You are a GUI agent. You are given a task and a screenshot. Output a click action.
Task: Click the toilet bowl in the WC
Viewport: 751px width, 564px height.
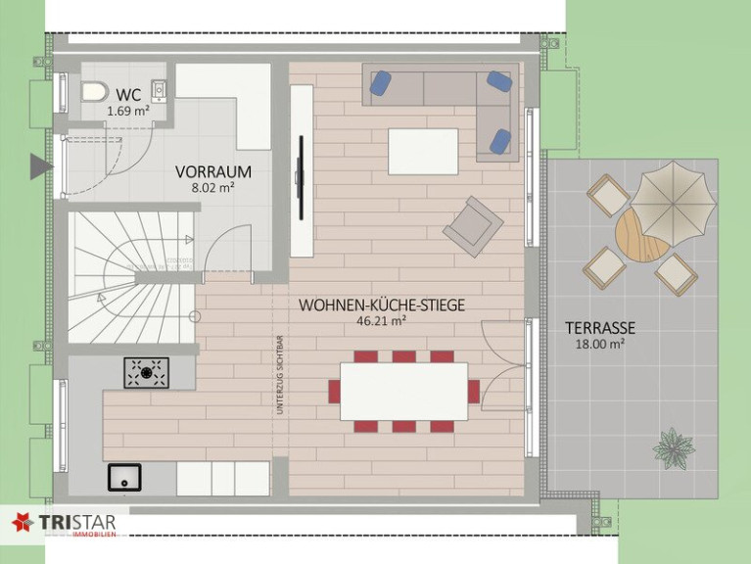point(94,91)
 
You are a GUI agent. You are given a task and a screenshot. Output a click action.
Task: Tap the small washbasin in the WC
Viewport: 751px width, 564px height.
point(159,89)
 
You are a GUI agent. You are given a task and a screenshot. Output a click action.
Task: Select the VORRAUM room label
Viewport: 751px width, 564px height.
point(213,171)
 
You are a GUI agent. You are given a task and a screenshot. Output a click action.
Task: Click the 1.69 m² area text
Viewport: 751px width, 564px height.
point(128,112)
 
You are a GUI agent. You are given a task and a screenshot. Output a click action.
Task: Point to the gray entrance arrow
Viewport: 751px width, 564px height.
point(41,166)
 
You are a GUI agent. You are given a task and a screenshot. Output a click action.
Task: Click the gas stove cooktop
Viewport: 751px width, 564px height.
point(147,372)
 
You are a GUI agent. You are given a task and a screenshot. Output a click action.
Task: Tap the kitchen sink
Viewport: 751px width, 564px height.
point(124,477)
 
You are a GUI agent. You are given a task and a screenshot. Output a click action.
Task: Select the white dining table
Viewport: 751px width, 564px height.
point(403,391)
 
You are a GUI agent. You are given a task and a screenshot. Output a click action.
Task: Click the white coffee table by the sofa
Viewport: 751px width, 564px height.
point(423,152)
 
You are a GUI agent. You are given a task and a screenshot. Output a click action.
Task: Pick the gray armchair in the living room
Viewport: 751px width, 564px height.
point(473,226)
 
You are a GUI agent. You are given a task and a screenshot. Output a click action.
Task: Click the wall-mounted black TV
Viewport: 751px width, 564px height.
point(301,177)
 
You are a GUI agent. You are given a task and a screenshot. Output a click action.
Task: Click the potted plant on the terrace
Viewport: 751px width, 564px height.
point(674,448)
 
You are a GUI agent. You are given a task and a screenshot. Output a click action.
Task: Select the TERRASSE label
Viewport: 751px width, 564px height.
point(600,328)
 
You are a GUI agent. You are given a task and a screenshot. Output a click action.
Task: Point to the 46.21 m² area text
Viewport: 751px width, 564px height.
point(382,321)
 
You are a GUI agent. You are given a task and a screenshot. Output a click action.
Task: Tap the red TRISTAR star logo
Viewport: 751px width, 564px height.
point(23,522)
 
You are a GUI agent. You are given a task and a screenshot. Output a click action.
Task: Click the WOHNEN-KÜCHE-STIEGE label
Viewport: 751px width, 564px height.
point(382,305)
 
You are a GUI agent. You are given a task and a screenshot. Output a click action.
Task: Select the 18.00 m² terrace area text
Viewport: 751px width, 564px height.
point(600,344)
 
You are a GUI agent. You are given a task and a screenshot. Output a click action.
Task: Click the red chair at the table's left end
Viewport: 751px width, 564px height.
point(334,391)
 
